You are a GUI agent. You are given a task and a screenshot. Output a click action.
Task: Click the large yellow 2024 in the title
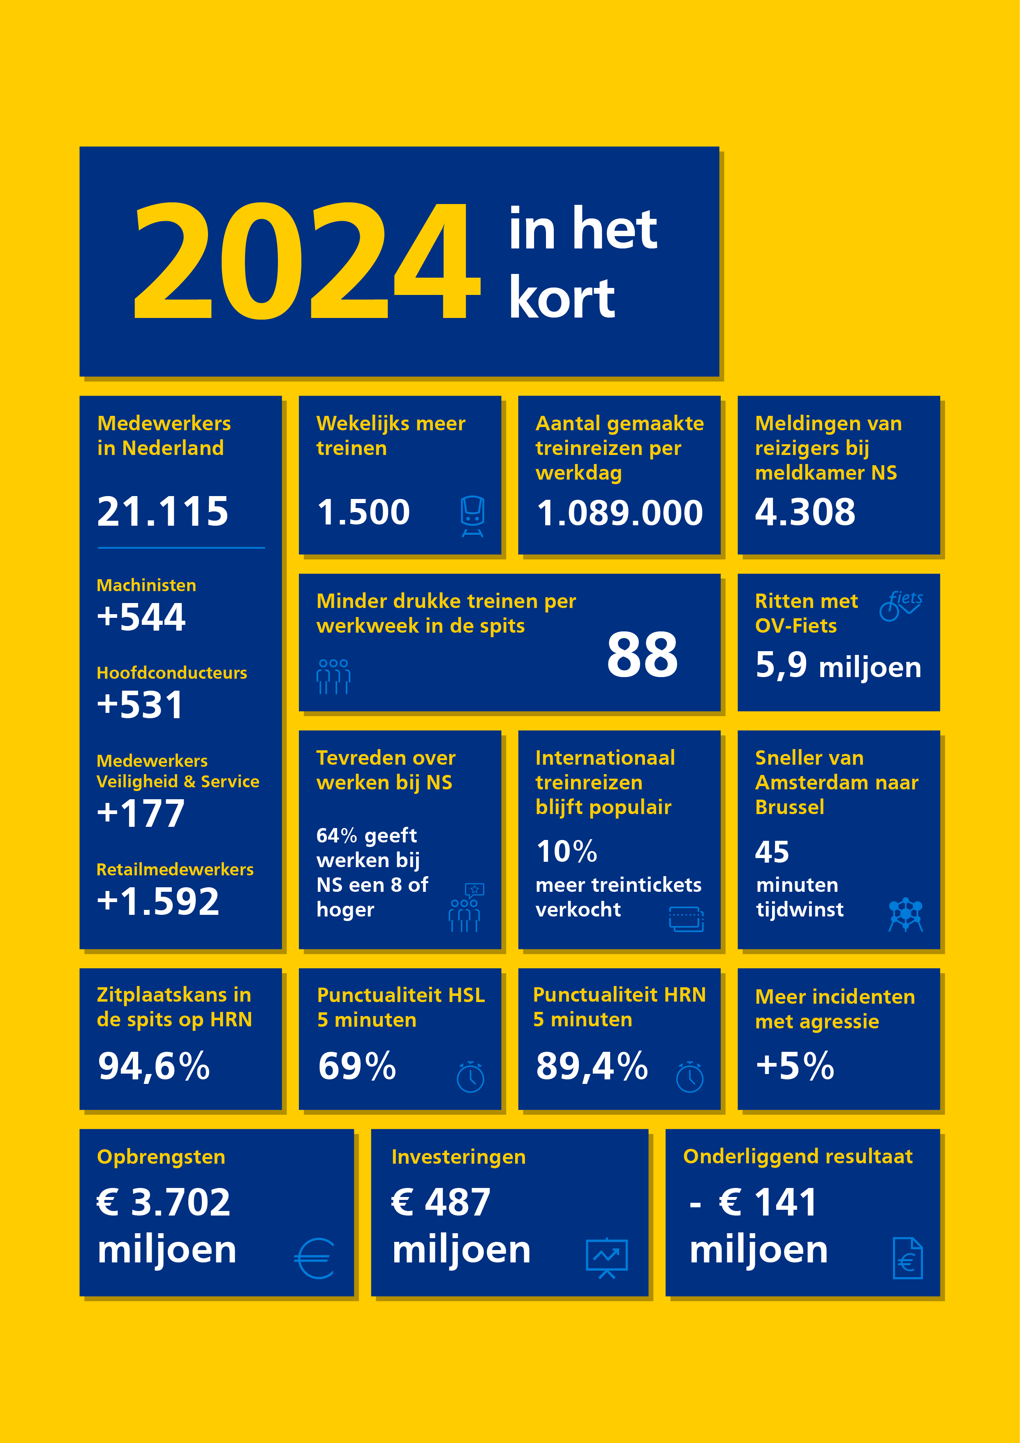tap(308, 260)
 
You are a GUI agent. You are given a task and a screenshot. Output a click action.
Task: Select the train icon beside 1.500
tap(472, 516)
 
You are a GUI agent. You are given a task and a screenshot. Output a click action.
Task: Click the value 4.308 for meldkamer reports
tap(805, 512)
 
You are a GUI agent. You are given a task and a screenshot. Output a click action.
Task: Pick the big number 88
tap(642, 655)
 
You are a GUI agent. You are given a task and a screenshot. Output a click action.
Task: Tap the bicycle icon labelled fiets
tap(901, 605)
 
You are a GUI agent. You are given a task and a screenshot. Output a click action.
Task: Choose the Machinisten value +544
tap(141, 617)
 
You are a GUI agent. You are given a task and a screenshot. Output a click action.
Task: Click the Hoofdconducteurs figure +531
tap(140, 705)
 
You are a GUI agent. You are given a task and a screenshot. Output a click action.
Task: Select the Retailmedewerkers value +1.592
tap(157, 901)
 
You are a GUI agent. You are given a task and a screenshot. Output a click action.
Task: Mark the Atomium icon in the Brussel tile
tap(905, 914)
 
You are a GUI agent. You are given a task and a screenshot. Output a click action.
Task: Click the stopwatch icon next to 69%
tap(470, 1076)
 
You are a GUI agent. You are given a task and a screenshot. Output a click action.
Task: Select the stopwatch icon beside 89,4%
tap(689, 1076)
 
